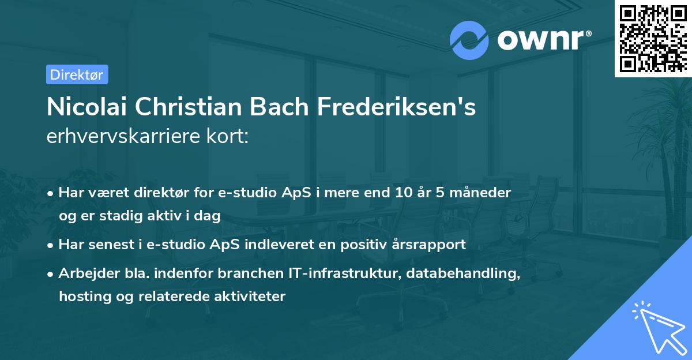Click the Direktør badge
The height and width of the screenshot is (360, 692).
[x=77, y=74]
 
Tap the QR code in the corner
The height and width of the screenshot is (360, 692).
[x=653, y=39]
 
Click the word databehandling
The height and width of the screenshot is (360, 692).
[x=463, y=273]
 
